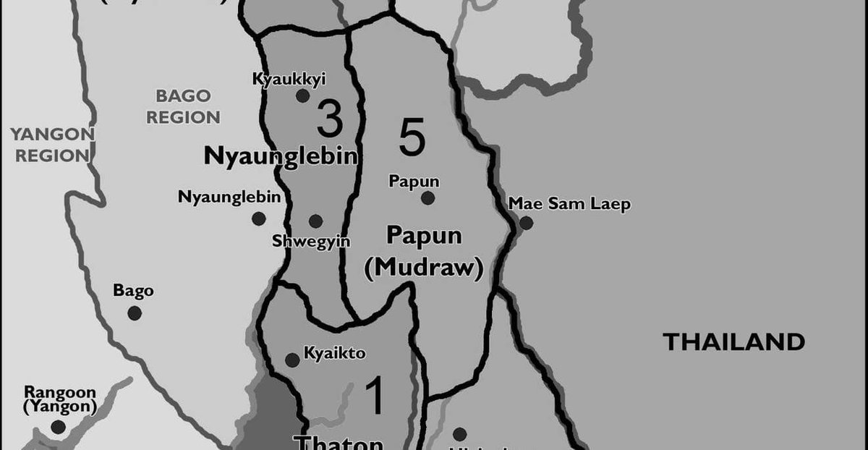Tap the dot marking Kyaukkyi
coord(302,95)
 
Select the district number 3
coord(330,120)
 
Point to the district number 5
coord(412,139)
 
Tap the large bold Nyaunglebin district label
coord(281,156)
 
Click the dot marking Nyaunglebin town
coord(258,218)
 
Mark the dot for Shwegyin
coord(315,221)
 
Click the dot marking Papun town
coord(428,198)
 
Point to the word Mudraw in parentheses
coord(424,268)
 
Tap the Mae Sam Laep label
coord(569,204)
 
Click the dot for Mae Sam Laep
coord(526,223)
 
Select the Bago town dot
coord(134,313)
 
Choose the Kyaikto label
coord(334,354)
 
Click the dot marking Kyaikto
coord(292,360)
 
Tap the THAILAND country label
coord(734,341)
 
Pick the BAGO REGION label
coord(183,106)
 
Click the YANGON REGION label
coord(52,144)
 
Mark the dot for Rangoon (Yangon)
coord(58,427)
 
